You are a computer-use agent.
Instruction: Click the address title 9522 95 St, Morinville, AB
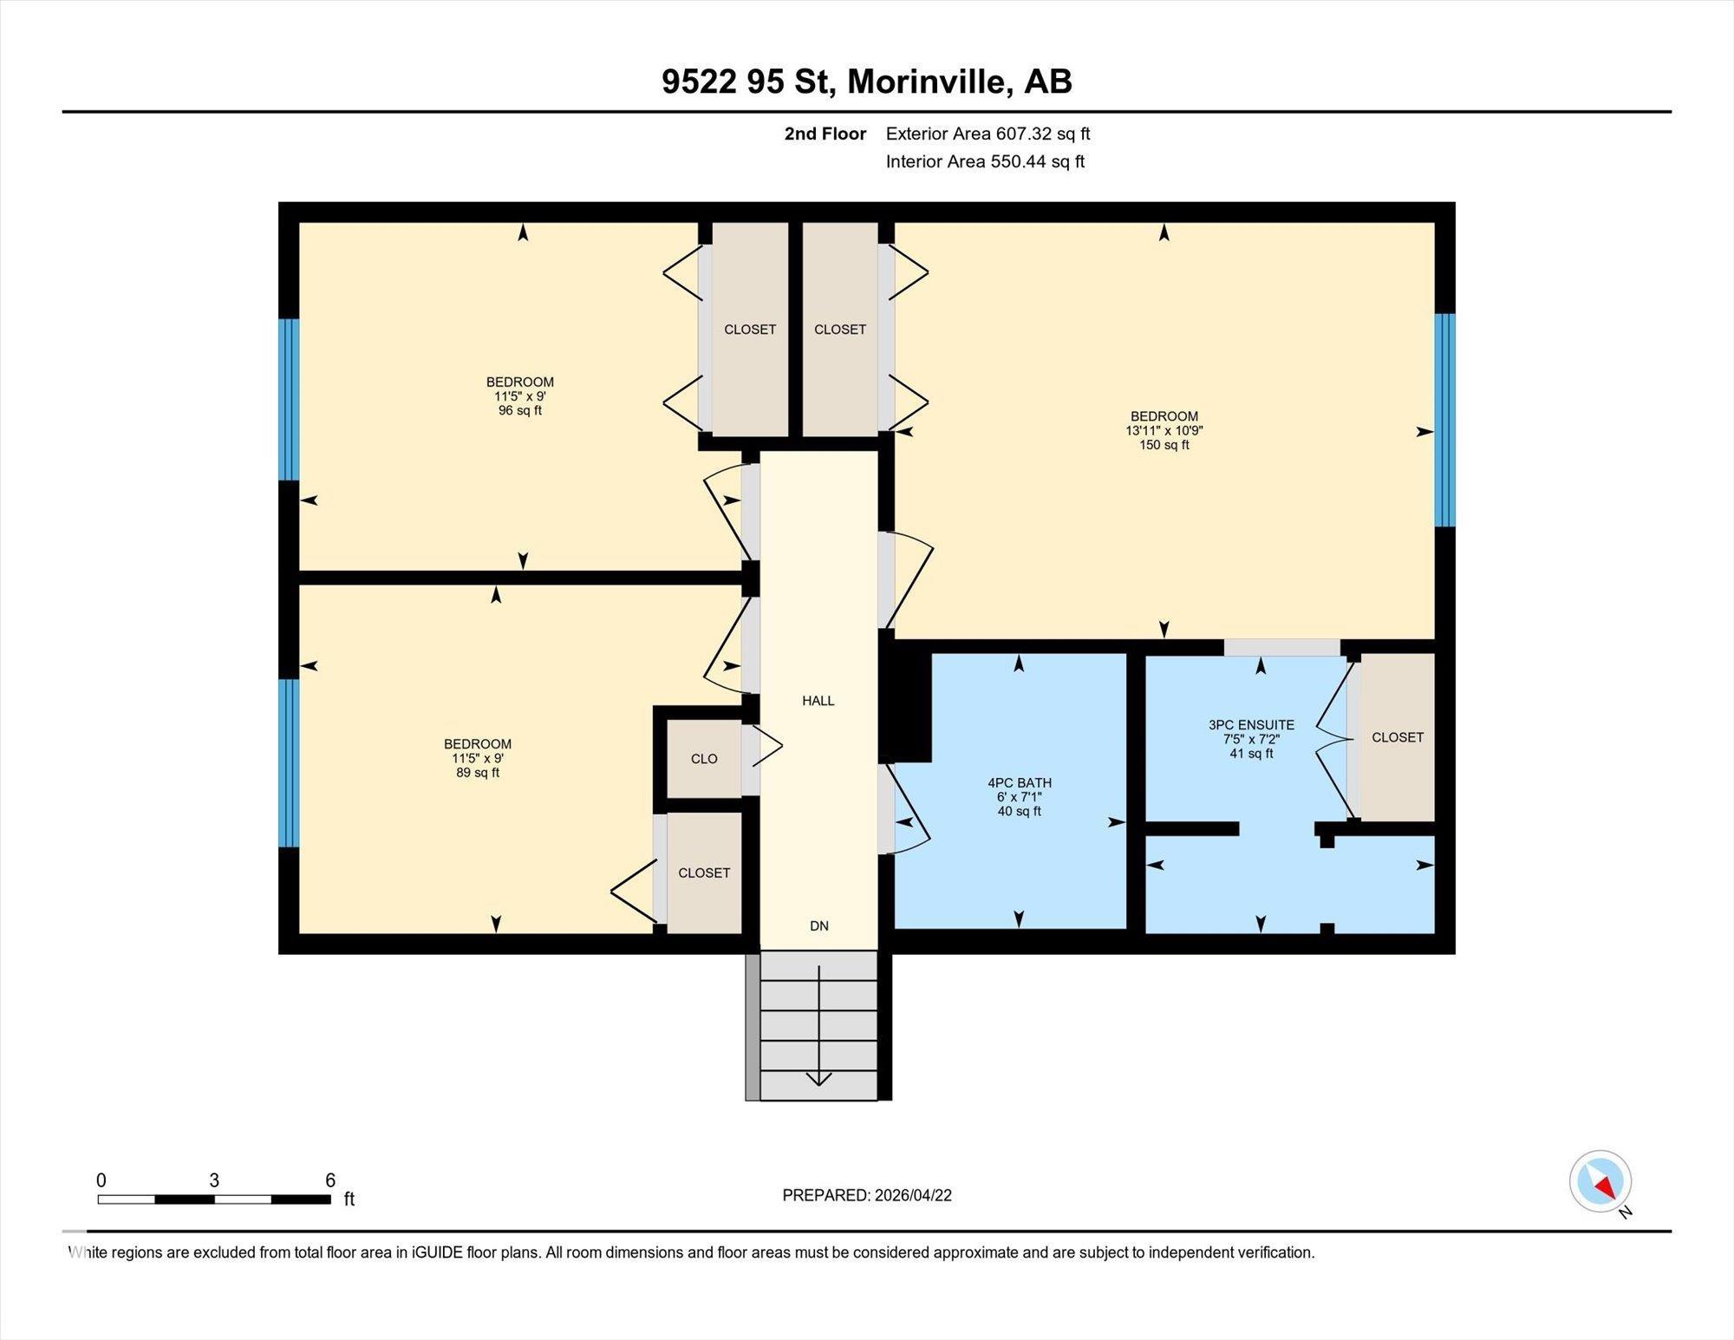click(866, 82)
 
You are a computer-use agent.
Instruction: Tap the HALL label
click(818, 701)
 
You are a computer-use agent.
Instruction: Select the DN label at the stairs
click(818, 925)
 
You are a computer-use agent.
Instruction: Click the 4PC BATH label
click(1019, 782)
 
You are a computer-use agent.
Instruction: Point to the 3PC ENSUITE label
click(1250, 725)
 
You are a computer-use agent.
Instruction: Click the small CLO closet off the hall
click(703, 759)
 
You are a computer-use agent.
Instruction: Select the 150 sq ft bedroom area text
click(1164, 445)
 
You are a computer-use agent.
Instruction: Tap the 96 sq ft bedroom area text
click(519, 410)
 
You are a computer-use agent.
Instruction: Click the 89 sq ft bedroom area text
click(477, 773)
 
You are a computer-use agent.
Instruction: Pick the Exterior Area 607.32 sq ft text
click(988, 134)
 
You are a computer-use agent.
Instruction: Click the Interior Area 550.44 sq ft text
click(985, 161)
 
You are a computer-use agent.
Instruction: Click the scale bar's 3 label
click(213, 1180)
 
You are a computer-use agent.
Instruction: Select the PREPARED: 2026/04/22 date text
click(866, 1195)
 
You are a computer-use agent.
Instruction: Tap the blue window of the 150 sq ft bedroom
click(1444, 420)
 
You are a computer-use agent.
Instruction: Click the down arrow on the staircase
click(818, 1079)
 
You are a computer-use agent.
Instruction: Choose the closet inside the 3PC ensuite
click(1397, 737)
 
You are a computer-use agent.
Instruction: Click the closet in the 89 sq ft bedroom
click(703, 873)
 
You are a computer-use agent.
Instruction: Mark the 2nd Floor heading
click(825, 134)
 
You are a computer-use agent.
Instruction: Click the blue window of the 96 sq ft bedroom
click(289, 399)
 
